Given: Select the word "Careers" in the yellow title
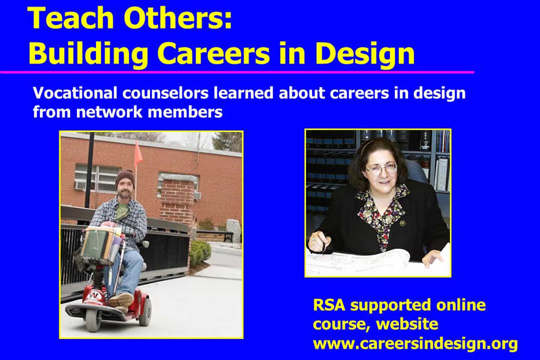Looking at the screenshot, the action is [214, 53].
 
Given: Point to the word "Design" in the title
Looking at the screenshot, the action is [365, 55].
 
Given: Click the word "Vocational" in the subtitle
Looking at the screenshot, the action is [75, 93].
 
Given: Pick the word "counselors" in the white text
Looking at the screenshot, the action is [166, 93].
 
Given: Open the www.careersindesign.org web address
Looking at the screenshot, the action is [415, 344].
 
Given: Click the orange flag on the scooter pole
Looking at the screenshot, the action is [138, 154].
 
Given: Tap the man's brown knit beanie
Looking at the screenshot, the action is [125, 178].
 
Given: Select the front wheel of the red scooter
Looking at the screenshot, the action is [94, 321].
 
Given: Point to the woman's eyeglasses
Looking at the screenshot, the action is [382, 169].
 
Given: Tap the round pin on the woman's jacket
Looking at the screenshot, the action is [402, 223].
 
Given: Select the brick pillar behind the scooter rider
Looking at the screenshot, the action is [178, 200].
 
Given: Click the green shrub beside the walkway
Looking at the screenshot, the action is [199, 253].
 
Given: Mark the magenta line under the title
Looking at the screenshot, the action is [237, 72].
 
